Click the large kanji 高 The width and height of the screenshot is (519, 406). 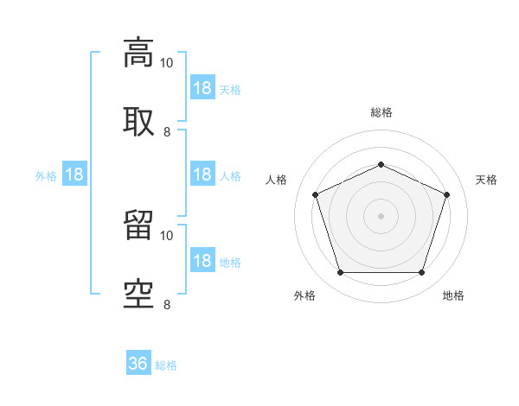tap(138, 53)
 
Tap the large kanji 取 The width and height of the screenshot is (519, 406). tap(138, 122)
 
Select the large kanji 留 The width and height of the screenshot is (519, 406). tap(138, 225)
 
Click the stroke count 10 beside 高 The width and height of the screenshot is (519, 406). tap(166, 63)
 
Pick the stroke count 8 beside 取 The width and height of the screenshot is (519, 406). tap(167, 132)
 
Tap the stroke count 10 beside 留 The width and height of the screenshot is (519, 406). tap(166, 236)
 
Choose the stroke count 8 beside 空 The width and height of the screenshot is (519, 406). tap(167, 305)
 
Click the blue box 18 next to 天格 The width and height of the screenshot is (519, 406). tap(202, 87)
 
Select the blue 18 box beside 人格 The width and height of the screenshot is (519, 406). tap(202, 174)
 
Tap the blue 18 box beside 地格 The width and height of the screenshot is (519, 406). tap(202, 259)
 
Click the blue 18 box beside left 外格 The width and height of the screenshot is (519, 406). tap(74, 174)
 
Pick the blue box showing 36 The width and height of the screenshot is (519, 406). tap(138, 362)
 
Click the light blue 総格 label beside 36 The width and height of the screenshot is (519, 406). tap(166, 365)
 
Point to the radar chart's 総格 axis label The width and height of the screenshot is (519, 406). tap(381, 112)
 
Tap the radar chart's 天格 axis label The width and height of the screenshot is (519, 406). tap(486, 180)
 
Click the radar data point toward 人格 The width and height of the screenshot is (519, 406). tap(316, 194)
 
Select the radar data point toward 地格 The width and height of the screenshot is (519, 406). tap(421, 273)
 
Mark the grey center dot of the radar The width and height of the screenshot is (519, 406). tap(381, 216)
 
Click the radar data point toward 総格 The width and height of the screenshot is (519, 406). tap(381, 164)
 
